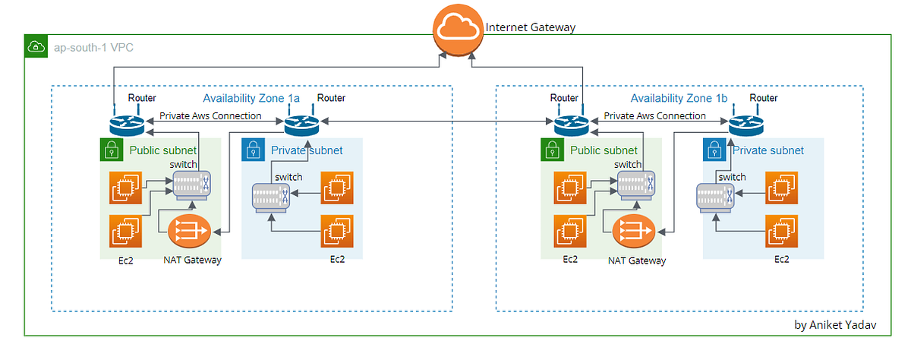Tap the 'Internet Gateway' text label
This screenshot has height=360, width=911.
click(531, 27)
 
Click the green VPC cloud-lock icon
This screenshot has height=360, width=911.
click(35, 46)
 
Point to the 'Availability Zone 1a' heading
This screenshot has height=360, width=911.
click(251, 98)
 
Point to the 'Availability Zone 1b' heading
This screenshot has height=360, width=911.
click(679, 98)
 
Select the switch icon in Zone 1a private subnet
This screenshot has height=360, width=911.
click(272, 198)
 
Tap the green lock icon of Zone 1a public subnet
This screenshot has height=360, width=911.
click(111, 150)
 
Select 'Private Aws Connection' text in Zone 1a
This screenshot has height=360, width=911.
click(210, 116)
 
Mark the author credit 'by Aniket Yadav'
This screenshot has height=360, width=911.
click(834, 324)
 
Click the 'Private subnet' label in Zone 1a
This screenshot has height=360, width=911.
click(306, 150)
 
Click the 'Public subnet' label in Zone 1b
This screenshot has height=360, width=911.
click(604, 150)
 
